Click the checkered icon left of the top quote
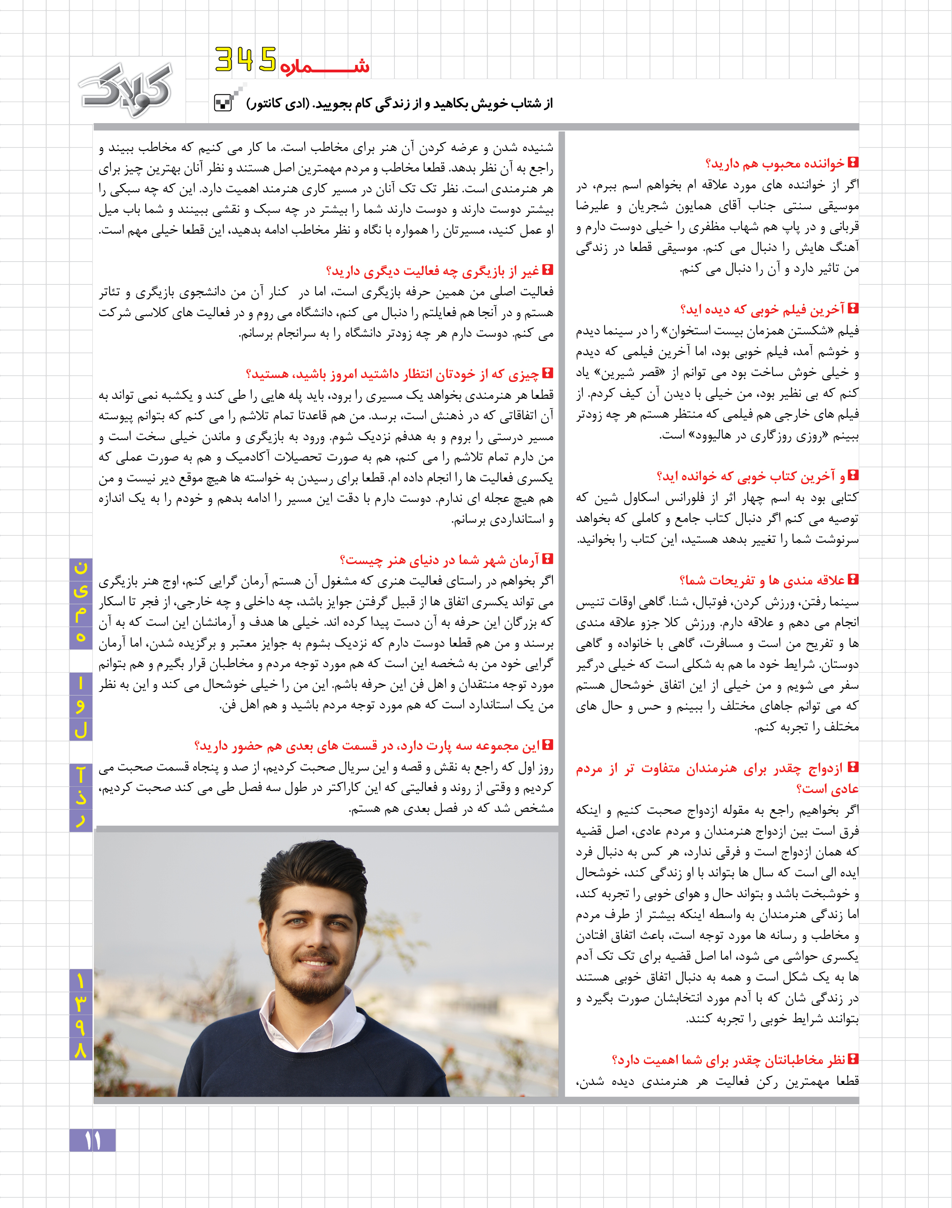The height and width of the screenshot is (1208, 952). point(223,103)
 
